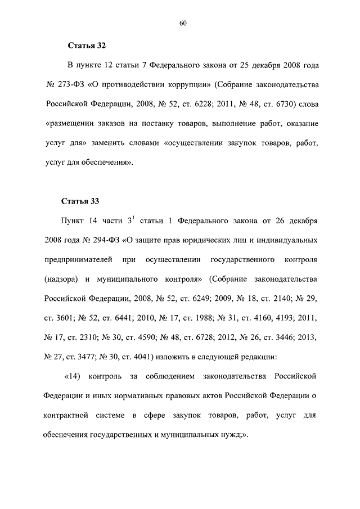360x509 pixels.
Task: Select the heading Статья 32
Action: click(87, 44)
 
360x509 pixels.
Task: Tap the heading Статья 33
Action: click(87, 200)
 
